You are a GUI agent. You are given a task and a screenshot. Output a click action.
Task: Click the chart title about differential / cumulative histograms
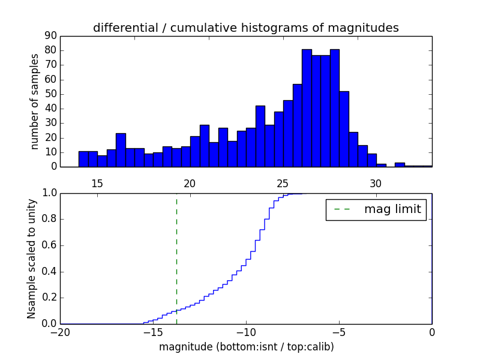pos(245,28)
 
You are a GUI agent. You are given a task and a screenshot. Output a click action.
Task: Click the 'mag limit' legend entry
pos(376,209)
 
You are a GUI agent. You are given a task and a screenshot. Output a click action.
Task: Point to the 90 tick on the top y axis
pos(50,36)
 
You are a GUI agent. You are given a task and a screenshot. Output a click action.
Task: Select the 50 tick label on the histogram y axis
pos(50,94)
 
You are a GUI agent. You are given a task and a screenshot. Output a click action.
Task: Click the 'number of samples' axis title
pos(35,101)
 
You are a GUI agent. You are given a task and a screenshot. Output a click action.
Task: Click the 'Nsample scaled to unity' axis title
pos(31,259)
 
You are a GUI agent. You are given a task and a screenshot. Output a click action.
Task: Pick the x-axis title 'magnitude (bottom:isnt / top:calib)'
pos(245,347)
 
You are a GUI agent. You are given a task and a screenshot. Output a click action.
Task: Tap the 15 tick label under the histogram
pos(97,183)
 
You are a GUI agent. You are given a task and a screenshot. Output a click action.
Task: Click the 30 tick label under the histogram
pos(376,183)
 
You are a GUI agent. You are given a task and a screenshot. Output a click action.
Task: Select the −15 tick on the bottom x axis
pos(153,332)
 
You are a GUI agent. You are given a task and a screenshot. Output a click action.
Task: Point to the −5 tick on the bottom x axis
pos(339,332)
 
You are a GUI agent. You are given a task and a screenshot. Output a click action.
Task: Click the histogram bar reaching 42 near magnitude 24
pos(260,137)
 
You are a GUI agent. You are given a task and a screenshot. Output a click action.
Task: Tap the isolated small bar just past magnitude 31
pos(400,164)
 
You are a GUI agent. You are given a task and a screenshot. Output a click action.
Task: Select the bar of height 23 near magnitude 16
pos(121,150)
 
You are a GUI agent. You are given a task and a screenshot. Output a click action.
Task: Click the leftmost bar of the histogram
pos(83,159)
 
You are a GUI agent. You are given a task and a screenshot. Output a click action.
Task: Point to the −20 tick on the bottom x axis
pos(60,332)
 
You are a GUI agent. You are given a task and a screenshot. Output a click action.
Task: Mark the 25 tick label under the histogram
pos(283,183)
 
